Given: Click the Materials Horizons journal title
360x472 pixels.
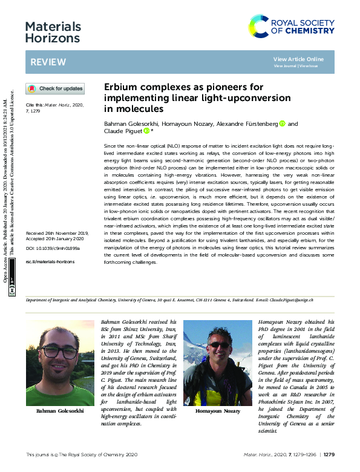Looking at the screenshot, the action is coord(53,32).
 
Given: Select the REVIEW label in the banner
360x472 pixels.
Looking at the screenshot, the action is coord(44,62).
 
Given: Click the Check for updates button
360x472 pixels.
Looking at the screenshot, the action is coord(55,89).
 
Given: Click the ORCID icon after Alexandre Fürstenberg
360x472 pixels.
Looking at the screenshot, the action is coord(282,123).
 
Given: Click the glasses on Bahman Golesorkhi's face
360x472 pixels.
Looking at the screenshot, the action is coord(59,352).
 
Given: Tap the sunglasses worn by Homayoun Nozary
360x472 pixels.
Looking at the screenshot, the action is coord(218,345).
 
